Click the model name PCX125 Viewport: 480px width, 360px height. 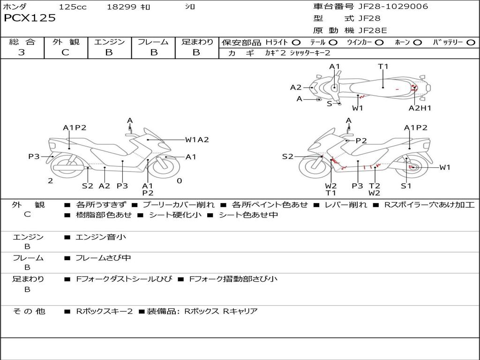tap(30, 18)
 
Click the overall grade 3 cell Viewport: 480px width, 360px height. tap(22, 52)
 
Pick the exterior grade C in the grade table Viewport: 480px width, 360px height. tap(65, 52)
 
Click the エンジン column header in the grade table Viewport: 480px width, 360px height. tap(109, 42)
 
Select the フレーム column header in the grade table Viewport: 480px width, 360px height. tap(153, 42)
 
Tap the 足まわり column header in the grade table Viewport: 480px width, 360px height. tap(197, 42)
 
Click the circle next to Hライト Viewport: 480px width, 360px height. tap(296, 43)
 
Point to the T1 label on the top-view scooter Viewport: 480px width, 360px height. tap(383, 67)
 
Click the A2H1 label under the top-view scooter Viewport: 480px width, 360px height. tap(420, 108)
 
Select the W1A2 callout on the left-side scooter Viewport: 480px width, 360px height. tap(197, 139)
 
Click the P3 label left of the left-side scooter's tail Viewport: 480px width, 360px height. tap(34, 157)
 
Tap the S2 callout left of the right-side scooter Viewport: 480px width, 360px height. tap(287, 157)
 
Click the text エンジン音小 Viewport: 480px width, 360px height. tap(101, 237)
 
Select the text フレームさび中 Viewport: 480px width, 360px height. tap(103, 258)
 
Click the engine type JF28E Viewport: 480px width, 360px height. tap(373, 30)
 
